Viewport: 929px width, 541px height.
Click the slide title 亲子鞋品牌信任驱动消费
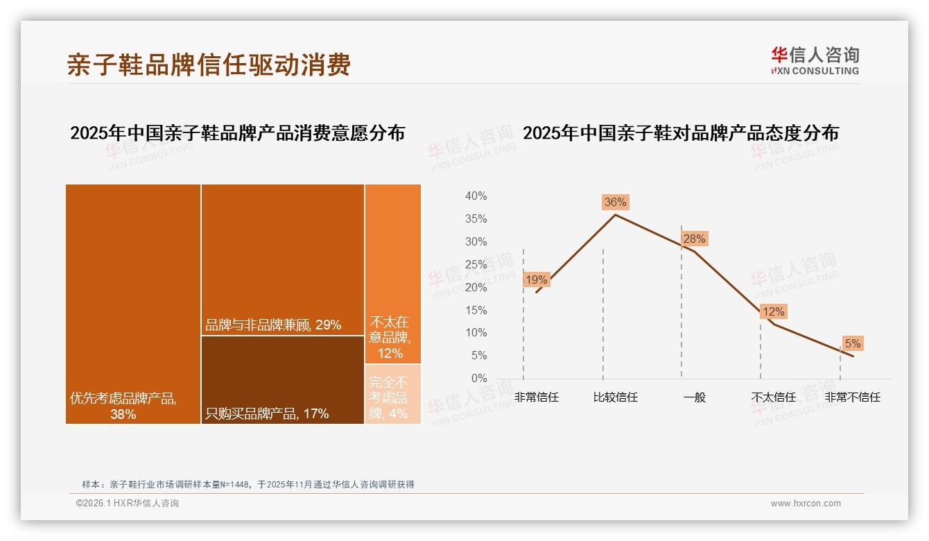click(x=209, y=65)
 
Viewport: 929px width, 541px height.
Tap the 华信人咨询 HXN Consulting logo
click(x=815, y=61)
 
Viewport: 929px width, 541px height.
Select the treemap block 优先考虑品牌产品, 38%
click(x=133, y=303)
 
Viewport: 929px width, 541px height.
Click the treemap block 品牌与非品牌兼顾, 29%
click(x=283, y=259)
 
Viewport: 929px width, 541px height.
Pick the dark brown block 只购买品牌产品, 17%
click(x=283, y=379)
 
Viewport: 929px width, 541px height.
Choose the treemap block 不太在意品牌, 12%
click(x=392, y=273)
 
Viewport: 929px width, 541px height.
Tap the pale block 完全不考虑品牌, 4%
click(x=392, y=394)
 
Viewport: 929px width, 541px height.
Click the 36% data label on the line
click(x=615, y=203)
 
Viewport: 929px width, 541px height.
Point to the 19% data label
click(x=537, y=280)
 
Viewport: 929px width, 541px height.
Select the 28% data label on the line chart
click(x=694, y=239)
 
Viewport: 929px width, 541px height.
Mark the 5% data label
click(x=852, y=344)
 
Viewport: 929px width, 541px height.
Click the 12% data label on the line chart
click(x=773, y=312)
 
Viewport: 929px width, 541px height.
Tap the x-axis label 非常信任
click(x=537, y=397)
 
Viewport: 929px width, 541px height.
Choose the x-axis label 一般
click(x=694, y=397)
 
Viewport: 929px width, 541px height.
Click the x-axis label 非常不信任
click(x=852, y=397)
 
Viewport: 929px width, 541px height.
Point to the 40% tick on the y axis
click(x=476, y=196)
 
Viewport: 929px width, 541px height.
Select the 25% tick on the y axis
click(x=476, y=264)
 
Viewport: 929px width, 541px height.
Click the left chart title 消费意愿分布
click(x=237, y=133)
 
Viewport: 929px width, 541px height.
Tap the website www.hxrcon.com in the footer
click(x=806, y=504)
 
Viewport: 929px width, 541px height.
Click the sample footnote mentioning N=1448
click(x=248, y=484)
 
